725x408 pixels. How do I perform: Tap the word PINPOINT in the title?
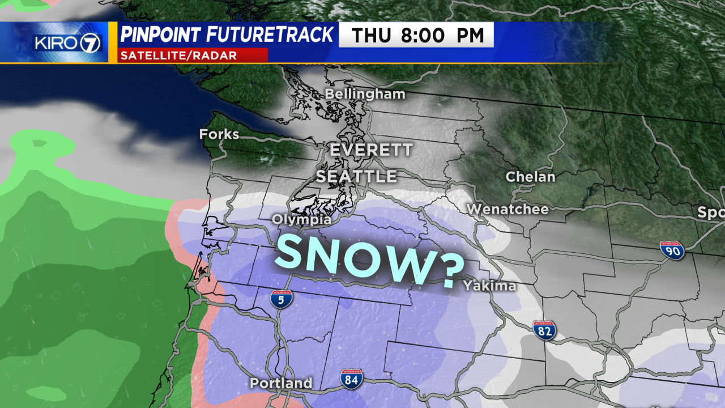pos(160,35)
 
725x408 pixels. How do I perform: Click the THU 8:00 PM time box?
pos(416,35)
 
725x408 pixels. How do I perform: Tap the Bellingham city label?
pos(365,94)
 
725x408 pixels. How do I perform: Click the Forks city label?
pos(219,135)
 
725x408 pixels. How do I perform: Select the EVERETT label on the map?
pos(372,150)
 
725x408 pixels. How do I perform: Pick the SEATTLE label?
pos(356,176)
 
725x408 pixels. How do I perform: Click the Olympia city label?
pos(301,219)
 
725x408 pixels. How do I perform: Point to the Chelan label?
pos(530,177)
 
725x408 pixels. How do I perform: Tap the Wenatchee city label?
pos(507,210)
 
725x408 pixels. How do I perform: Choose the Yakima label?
pos(489,286)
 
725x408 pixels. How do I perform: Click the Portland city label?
pos(281,383)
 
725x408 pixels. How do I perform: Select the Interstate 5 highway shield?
pos(282,299)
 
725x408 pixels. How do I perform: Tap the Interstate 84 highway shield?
pos(352,379)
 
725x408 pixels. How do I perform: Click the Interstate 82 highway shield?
pos(544,330)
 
